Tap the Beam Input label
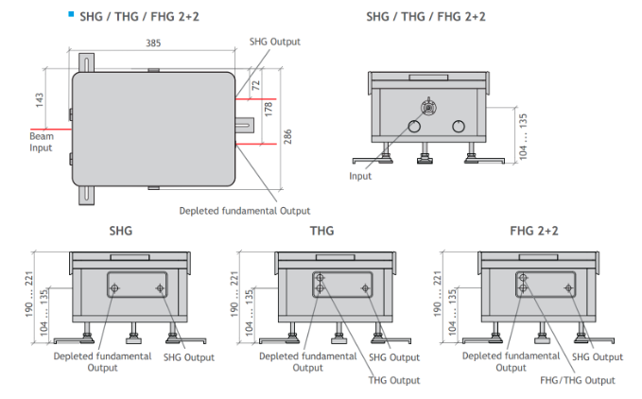(x=41, y=143)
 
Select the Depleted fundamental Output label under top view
(x=245, y=210)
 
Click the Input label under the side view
(x=360, y=176)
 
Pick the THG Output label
(x=393, y=380)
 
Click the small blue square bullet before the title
(x=72, y=13)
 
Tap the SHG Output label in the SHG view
(x=188, y=357)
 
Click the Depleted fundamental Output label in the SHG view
(x=103, y=361)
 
